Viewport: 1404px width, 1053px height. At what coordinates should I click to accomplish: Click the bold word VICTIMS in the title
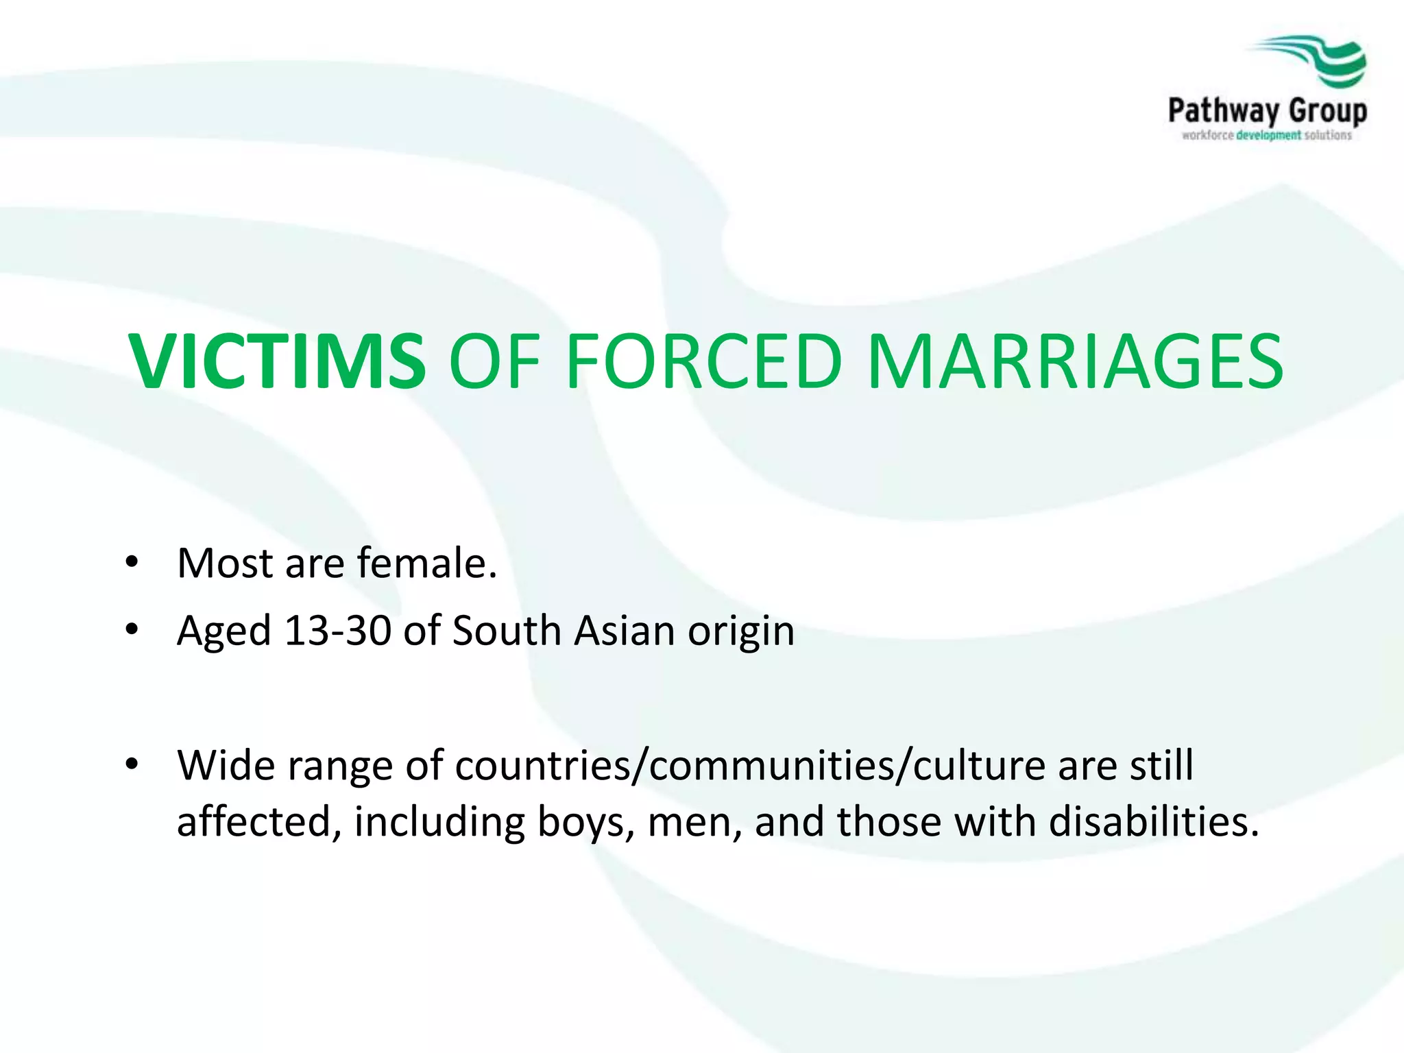tap(278, 361)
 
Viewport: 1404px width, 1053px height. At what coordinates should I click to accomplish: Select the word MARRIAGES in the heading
tap(1075, 361)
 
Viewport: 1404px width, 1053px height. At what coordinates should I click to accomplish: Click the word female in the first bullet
tap(426, 563)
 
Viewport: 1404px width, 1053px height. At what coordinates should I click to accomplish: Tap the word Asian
tap(625, 630)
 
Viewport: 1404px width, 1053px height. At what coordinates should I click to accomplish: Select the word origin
tap(741, 631)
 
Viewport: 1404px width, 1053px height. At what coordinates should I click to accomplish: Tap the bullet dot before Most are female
tap(132, 564)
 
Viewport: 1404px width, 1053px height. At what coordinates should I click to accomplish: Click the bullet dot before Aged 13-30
tap(132, 630)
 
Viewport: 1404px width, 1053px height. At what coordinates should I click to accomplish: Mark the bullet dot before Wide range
tap(132, 764)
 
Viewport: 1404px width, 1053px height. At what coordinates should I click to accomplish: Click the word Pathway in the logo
tap(1223, 110)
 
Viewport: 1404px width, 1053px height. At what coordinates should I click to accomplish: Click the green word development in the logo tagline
tap(1268, 136)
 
